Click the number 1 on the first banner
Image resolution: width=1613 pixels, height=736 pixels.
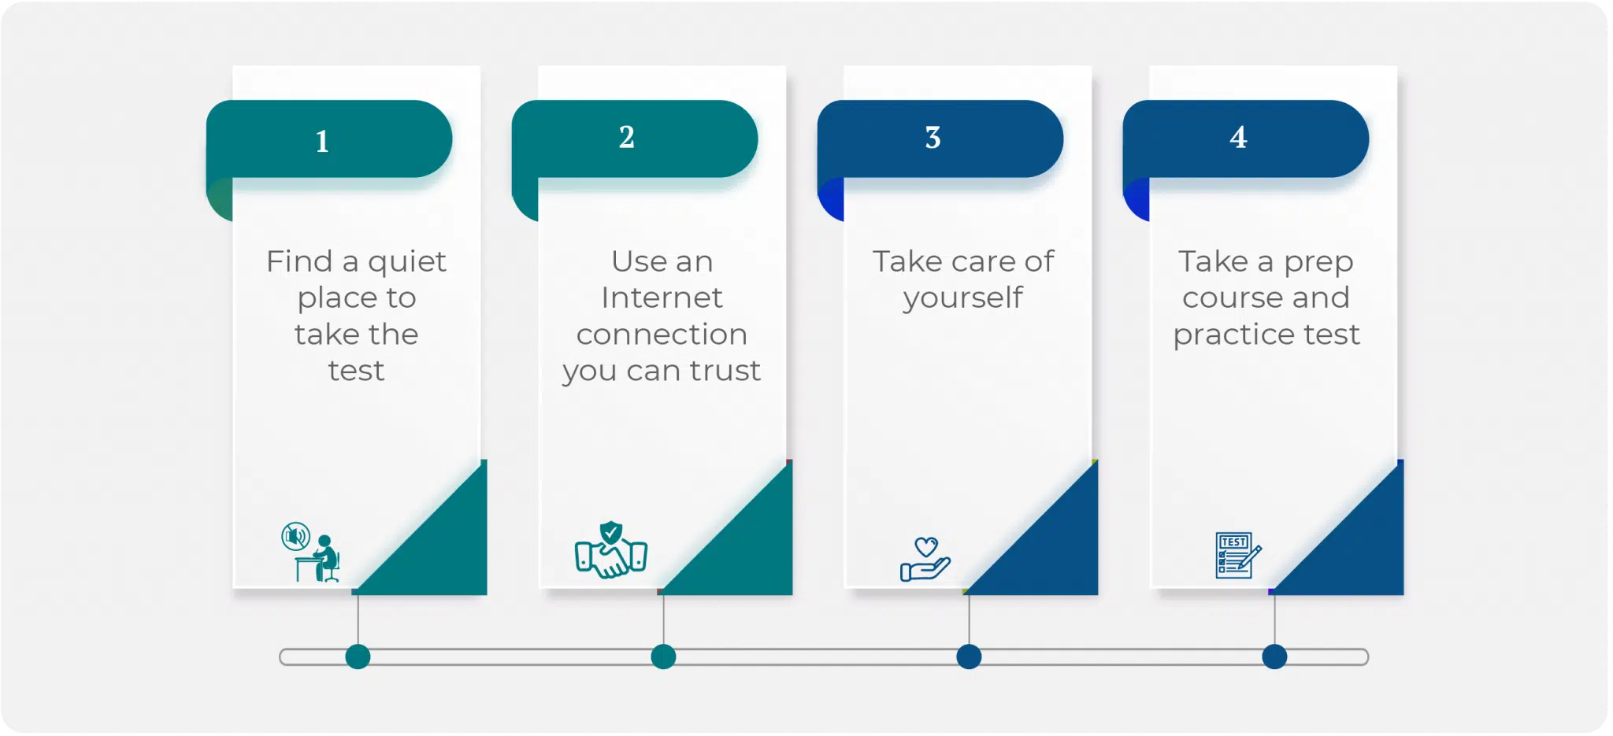click(x=322, y=142)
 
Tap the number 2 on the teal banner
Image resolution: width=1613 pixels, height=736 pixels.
click(x=627, y=137)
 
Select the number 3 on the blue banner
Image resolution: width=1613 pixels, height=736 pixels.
click(x=933, y=138)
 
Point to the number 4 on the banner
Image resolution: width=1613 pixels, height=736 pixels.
click(x=1238, y=138)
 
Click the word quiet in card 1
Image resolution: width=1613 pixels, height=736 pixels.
click(x=407, y=262)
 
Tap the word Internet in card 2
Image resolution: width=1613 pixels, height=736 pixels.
click(x=662, y=298)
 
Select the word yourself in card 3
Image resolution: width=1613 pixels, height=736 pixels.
click(x=962, y=298)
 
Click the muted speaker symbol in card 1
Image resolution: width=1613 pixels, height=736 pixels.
click(x=295, y=537)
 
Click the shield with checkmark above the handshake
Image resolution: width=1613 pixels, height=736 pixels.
click(x=611, y=533)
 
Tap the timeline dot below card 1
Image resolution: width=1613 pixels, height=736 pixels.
click(x=358, y=656)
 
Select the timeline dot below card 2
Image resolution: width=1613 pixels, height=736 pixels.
click(x=664, y=656)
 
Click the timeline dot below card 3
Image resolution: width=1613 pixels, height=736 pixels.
click(x=969, y=656)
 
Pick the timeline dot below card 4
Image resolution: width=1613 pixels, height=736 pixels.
click(x=1274, y=656)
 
